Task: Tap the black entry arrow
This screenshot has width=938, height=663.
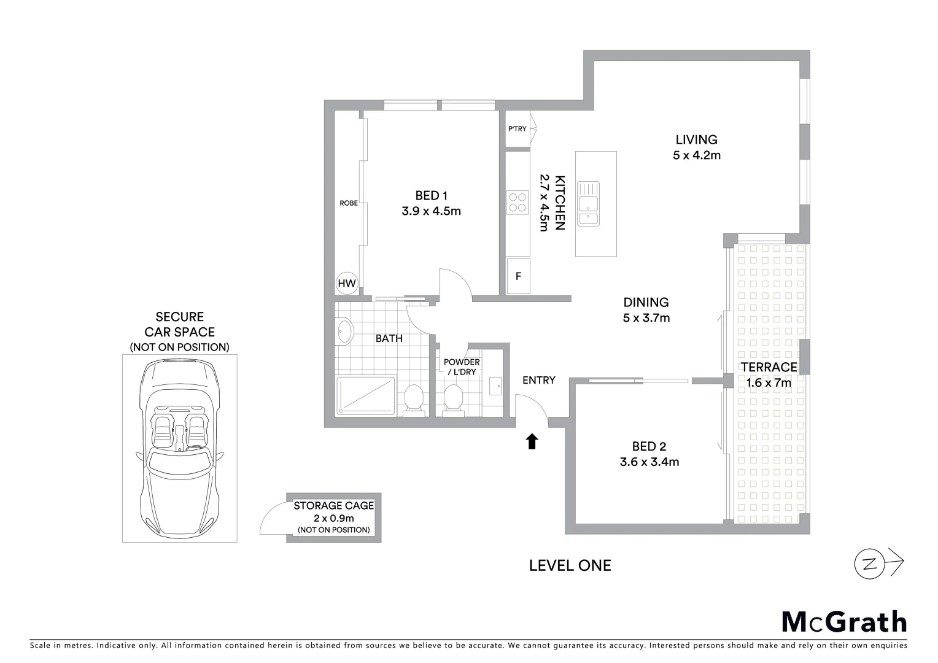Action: click(x=532, y=441)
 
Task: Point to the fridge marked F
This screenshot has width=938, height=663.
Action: click(x=518, y=276)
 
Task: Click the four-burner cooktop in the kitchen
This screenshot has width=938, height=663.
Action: click(x=517, y=203)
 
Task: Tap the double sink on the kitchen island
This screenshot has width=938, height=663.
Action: click(x=588, y=204)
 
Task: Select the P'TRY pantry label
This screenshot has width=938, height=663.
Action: click(x=517, y=129)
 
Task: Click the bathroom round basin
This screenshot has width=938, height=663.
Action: click(x=345, y=332)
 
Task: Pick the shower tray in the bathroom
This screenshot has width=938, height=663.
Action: click(x=366, y=395)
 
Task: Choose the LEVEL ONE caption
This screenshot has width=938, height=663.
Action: click(x=570, y=565)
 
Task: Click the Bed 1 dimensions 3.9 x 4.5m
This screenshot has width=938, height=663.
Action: click(x=431, y=211)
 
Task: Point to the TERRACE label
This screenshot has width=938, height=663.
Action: click(x=769, y=367)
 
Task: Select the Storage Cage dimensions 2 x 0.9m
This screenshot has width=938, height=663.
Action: click(x=333, y=518)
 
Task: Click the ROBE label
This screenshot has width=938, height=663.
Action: click(x=349, y=203)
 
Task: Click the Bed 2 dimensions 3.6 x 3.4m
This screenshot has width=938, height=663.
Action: click(x=649, y=462)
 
